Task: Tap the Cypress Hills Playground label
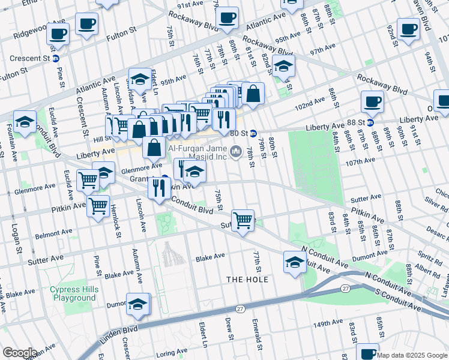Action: [73, 293]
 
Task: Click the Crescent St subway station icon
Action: [55, 58]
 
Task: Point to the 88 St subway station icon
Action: [370, 122]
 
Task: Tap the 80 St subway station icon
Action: [254, 133]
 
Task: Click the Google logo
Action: [19, 353]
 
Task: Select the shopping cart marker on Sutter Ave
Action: [243, 220]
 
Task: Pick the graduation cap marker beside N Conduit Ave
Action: [295, 262]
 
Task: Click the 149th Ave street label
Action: [328, 323]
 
